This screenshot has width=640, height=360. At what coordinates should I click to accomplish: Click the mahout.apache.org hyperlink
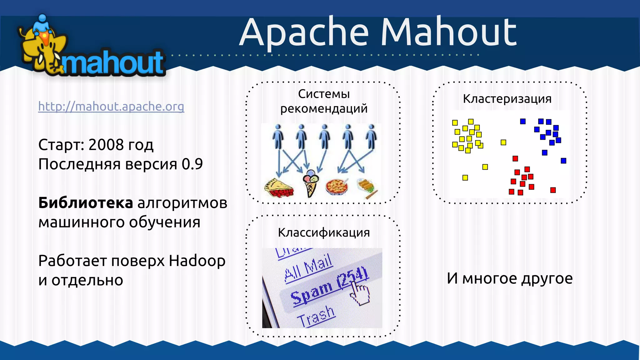point(111,107)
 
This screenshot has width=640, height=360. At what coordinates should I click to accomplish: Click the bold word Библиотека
point(86,203)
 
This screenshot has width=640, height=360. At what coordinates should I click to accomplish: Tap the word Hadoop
point(197,261)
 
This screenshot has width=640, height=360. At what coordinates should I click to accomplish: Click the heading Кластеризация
point(507,99)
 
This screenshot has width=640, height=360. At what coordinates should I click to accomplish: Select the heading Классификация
point(324,232)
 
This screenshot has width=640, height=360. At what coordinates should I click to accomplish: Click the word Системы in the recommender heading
point(324,94)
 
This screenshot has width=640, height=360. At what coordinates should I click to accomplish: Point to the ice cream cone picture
point(311,183)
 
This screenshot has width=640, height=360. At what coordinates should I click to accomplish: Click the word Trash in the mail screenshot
point(316,317)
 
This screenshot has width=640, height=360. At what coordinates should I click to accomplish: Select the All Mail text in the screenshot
point(308,267)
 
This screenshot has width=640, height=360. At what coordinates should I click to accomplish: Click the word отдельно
point(87,280)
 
